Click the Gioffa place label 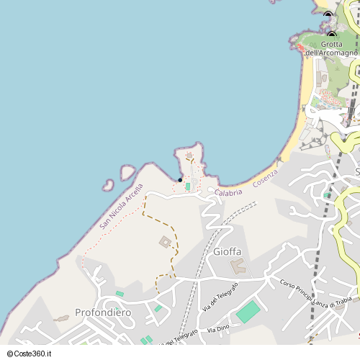click(x=228, y=251)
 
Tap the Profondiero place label click(x=102, y=312)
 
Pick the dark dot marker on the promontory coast click(x=180, y=180)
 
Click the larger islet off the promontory click(x=127, y=172)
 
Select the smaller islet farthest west click(x=109, y=184)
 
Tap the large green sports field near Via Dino click(x=248, y=312)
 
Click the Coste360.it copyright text click(x=27, y=354)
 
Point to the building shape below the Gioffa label click(x=237, y=266)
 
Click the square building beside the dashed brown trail click(x=166, y=242)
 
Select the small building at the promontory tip click(x=189, y=155)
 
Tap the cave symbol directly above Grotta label click(x=331, y=35)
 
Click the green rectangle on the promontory click(x=188, y=186)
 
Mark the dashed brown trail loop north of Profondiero click(x=164, y=282)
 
